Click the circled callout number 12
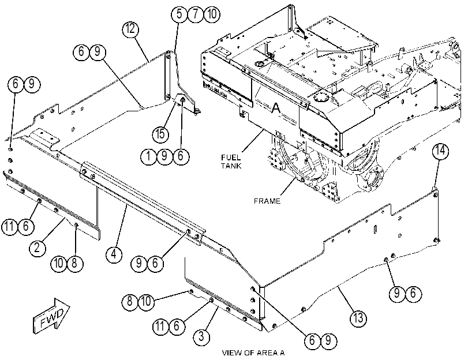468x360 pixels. coord(131,29)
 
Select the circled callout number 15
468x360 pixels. coord(160,133)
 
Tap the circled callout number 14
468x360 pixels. coord(440,151)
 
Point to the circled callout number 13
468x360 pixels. coord(358,318)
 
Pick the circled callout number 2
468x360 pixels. coord(38,247)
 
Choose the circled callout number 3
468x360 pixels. coord(201,336)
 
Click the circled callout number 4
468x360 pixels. coord(114,254)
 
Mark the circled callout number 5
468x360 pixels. coord(179,14)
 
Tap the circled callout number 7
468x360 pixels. coord(196,14)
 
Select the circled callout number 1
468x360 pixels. coord(148,156)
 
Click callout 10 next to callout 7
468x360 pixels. coord(212,14)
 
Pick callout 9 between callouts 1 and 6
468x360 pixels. coord(164,156)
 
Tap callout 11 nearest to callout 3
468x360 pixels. coord(160,325)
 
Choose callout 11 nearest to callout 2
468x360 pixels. coord(10,226)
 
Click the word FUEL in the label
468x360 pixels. coord(231,157)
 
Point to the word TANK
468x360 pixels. coord(231,166)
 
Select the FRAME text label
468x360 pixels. coord(267,201)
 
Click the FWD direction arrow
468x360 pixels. coord(51,316)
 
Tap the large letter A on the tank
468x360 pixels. coord(276,107)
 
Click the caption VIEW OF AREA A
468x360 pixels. coord(253,353)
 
